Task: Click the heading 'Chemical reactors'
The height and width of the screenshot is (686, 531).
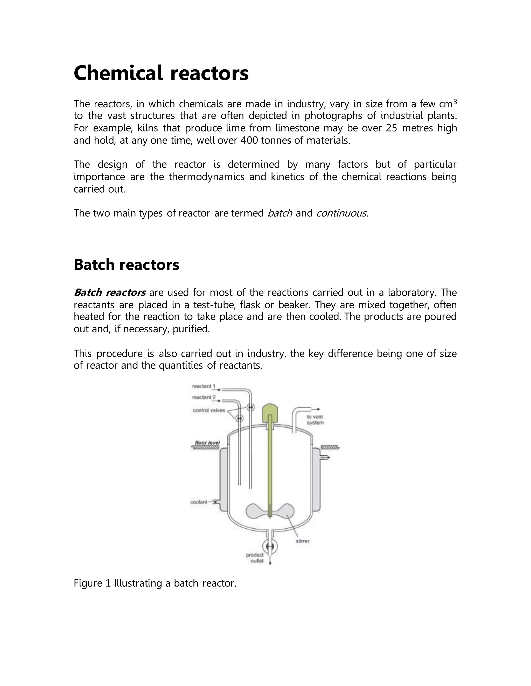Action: point(161,73)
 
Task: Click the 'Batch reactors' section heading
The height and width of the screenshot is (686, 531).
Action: point(126,265)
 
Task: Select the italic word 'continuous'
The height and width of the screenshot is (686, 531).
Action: point(341,213)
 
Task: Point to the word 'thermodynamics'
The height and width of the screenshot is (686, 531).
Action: point(206,177)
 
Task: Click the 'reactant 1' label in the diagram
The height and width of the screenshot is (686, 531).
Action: point(203,386)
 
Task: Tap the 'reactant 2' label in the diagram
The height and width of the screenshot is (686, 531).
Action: point(204,397)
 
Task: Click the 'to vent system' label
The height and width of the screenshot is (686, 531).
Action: point(315,420)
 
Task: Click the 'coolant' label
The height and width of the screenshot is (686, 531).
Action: point(199,502)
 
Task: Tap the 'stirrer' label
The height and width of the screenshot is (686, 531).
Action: point(302,541)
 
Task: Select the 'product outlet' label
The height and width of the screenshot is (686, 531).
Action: point(255,558)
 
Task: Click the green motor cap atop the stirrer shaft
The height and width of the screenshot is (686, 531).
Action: point(270,412)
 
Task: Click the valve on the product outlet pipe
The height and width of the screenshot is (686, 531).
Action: point(270,547)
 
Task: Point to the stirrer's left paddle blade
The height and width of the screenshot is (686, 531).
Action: point(255,510)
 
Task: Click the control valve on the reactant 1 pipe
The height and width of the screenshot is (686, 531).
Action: point(250,407)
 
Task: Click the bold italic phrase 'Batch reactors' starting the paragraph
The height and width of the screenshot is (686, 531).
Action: point(109,293)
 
